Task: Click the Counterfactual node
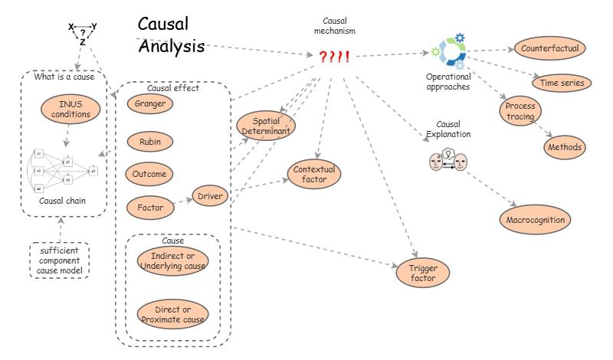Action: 549,48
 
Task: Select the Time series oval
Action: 559,83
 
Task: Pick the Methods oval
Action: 565,147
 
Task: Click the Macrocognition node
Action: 536,221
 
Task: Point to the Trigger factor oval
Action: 423,273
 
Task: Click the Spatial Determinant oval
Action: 266,126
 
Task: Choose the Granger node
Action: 150,103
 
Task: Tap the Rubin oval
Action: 150,142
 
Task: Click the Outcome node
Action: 150,174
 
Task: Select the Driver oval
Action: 210,197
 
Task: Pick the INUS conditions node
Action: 69,110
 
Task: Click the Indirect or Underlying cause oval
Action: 172,261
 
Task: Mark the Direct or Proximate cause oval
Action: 172,314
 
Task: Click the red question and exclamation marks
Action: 334,57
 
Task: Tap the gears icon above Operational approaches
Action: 449,52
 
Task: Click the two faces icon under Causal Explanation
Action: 447,160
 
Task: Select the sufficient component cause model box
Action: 60,260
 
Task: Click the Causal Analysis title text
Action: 171,36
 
